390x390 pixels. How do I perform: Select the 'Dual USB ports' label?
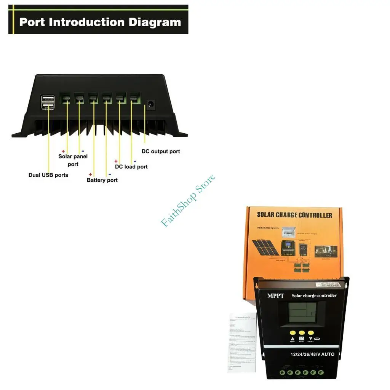pos(48,175)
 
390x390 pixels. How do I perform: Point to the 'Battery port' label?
pos(102,180)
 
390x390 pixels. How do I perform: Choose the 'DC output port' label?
pos(161,151)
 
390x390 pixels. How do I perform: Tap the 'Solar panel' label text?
pos(73,157)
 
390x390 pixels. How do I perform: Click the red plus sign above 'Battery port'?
pos(90,174)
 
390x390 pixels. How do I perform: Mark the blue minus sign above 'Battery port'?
pos(110,174)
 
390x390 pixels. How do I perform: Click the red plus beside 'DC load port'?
pos(116,161)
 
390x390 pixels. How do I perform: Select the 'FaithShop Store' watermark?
pos(188,200)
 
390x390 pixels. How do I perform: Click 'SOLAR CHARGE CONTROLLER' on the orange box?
pos(294,215)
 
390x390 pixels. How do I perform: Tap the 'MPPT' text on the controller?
pos(276,296)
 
